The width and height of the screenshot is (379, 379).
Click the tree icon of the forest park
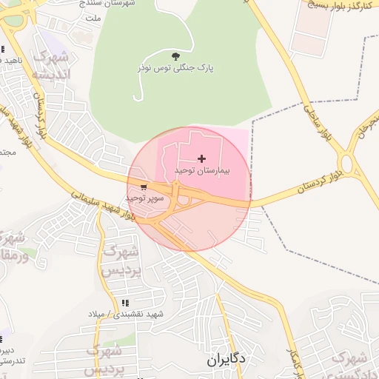175,56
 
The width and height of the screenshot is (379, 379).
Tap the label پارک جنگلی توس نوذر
175,67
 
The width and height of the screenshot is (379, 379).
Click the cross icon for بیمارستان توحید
202,158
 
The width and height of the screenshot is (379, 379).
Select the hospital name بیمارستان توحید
202,170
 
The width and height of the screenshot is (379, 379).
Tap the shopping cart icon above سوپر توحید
143,187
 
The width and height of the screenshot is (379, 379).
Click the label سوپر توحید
143,198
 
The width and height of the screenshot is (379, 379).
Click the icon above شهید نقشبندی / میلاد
124,303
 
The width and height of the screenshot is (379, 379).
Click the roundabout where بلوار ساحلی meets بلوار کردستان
347,162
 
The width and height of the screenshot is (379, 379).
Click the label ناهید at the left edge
10,59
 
